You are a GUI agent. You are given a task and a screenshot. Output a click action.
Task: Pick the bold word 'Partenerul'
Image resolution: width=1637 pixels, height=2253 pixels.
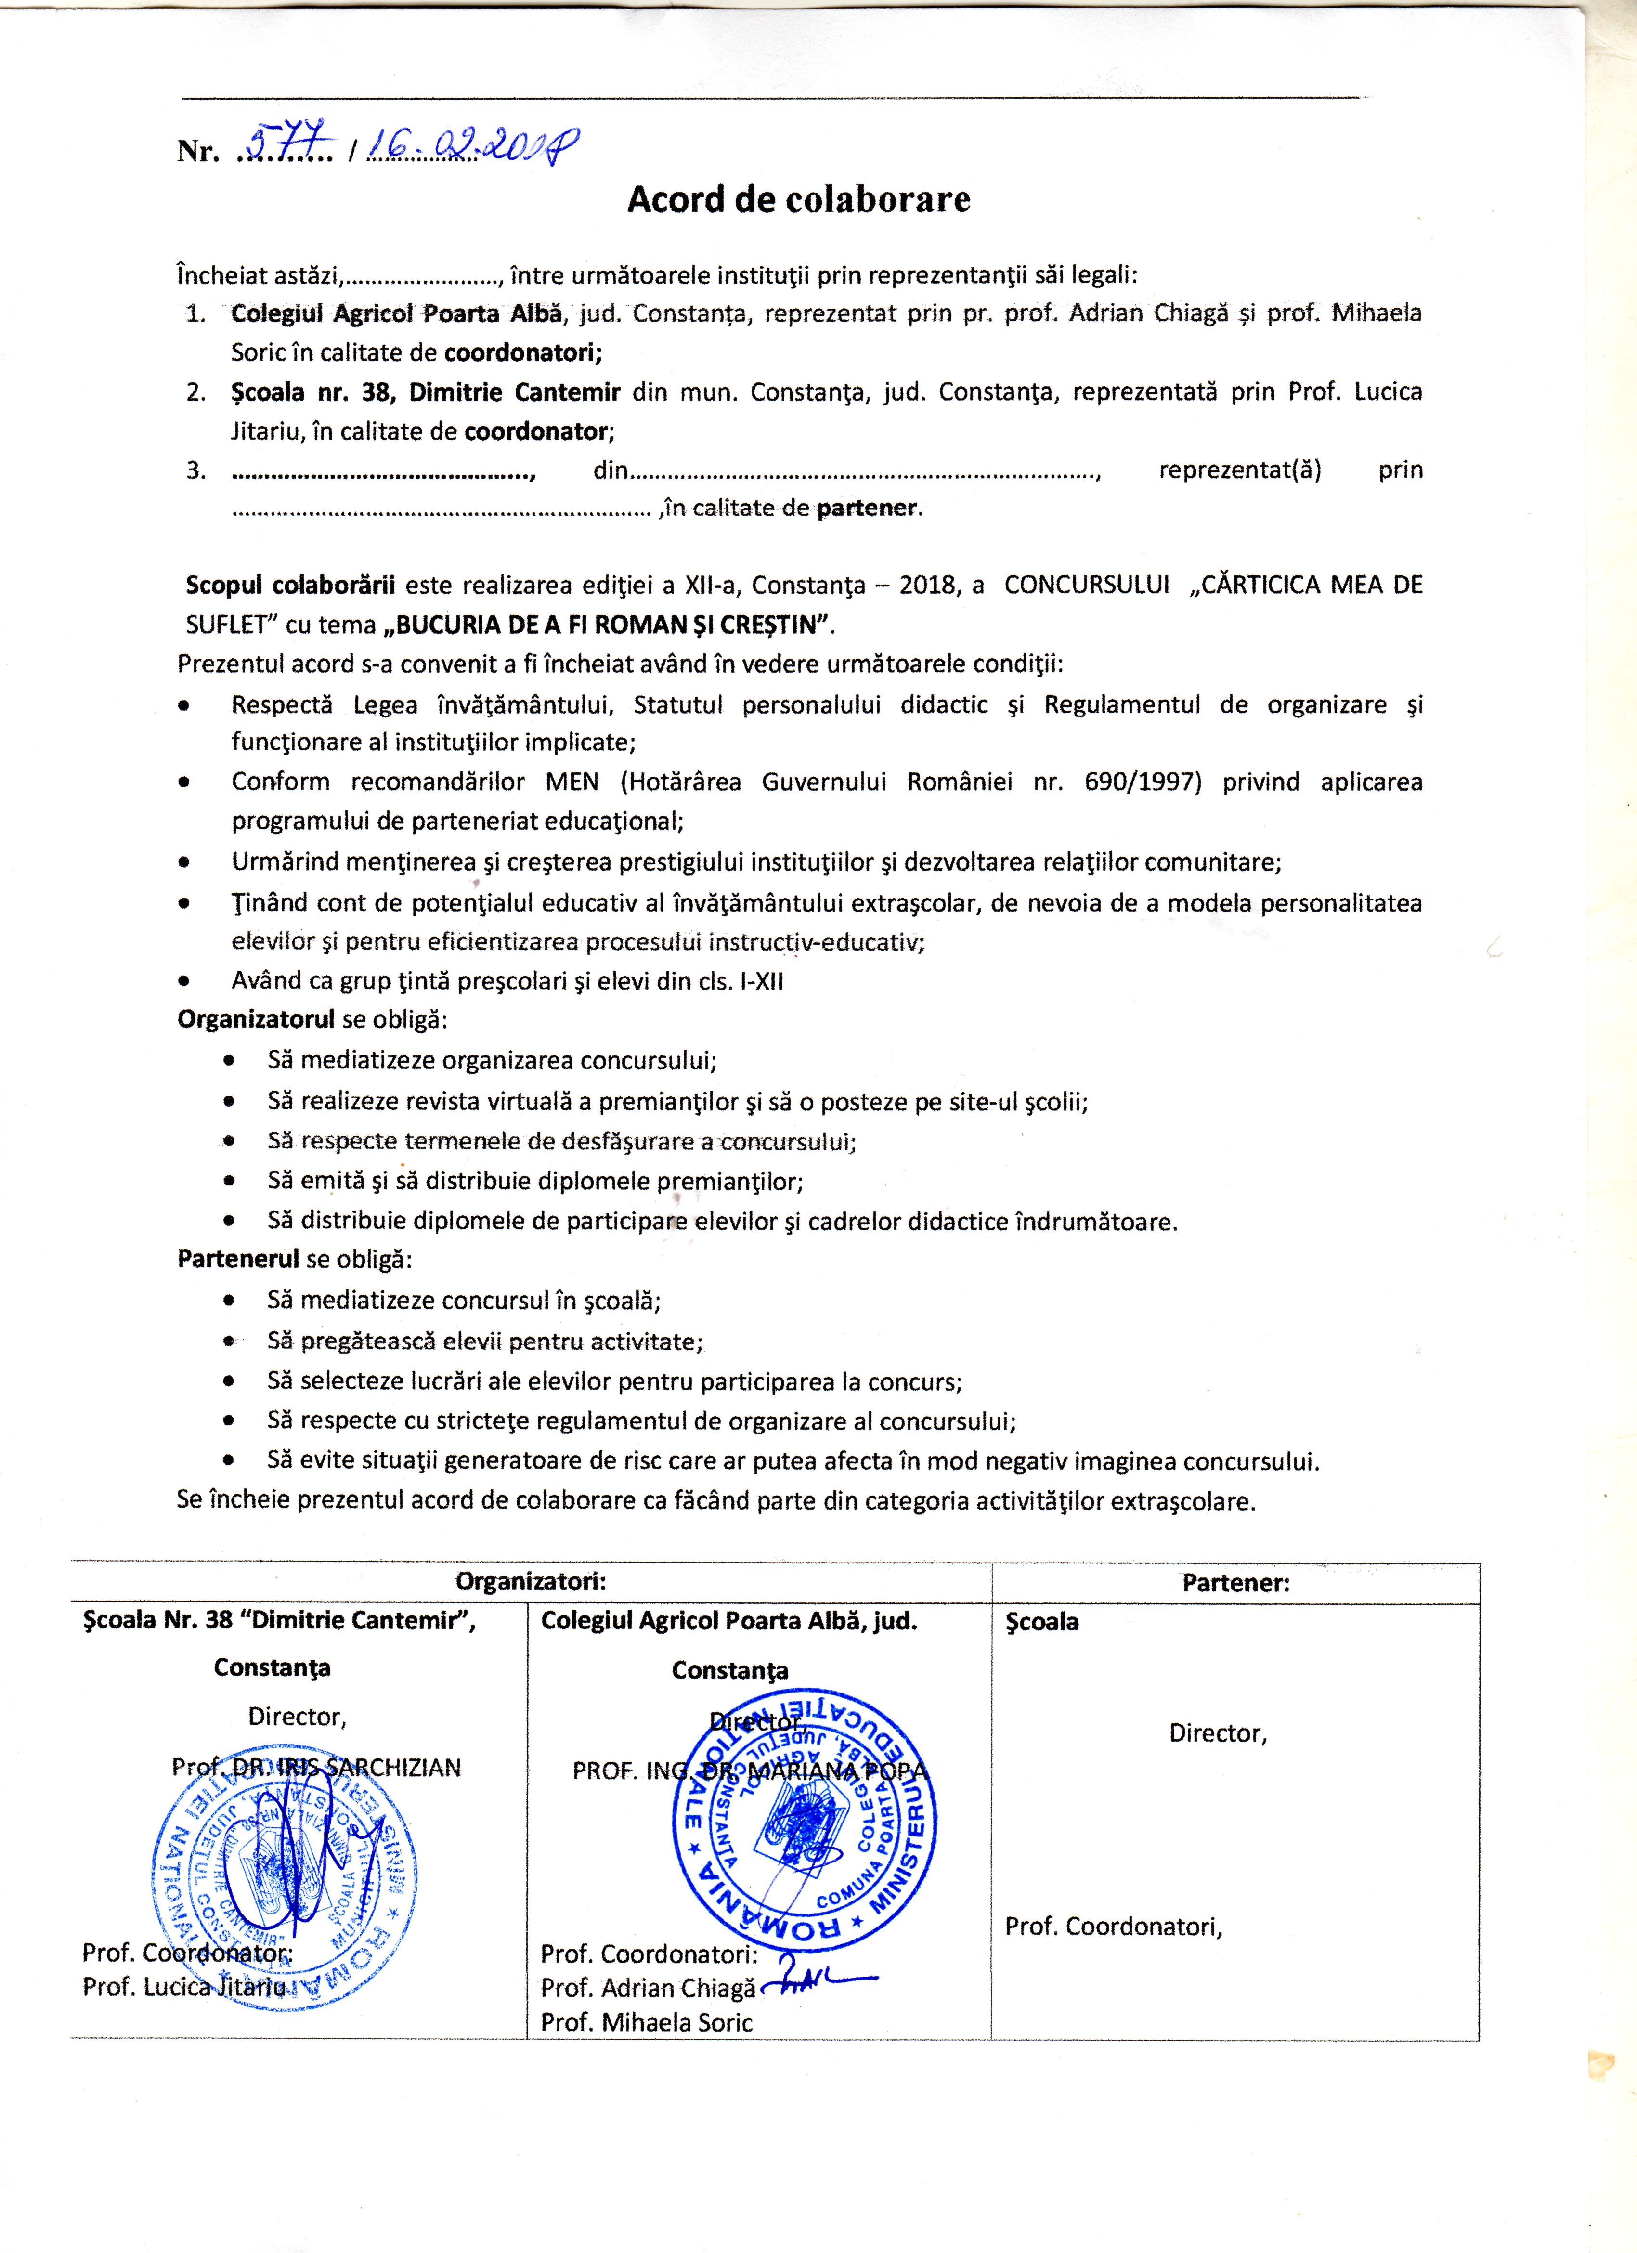238,1259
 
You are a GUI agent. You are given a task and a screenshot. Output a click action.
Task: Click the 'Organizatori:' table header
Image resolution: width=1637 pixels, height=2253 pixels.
531,1580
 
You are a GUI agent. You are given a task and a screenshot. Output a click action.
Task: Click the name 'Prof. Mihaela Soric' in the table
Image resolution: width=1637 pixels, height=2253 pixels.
647,2021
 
